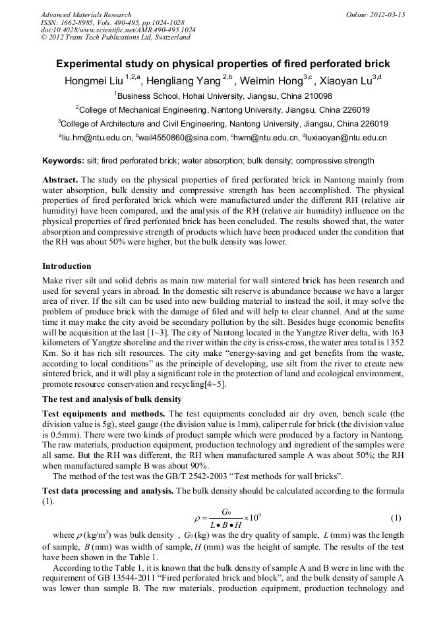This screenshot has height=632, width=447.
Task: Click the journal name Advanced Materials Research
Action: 86,14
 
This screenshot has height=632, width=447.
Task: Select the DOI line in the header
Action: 118,30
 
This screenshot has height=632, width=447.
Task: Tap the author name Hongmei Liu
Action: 92,81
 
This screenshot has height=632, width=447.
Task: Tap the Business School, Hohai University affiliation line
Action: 223,96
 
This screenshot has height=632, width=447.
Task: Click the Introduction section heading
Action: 67,266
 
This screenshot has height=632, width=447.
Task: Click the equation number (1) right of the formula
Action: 396,517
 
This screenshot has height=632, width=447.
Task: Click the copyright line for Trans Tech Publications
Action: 115,38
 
